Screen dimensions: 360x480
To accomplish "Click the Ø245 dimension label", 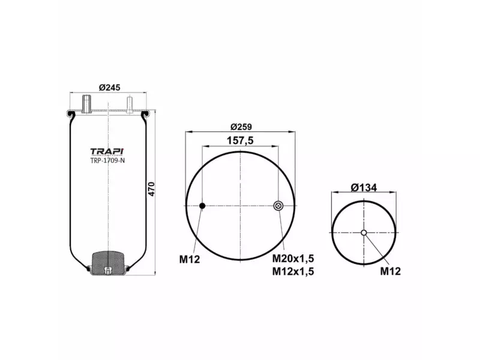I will [x=109, y=87].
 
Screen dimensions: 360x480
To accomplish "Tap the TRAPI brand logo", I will [x=108, y=151].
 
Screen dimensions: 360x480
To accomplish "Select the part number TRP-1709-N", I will [x=108, y=160].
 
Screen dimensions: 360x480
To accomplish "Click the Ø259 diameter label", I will [x=240, y=127].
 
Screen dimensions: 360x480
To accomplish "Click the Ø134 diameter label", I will [x=364, y=187].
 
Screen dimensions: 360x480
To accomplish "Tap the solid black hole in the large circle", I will [x=202, y=206].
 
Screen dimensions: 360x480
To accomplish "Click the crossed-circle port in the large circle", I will [x=278, y=206].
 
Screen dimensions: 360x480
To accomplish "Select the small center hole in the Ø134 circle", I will [x=364, y=233].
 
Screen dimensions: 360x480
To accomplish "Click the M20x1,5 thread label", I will [x=293, y=259].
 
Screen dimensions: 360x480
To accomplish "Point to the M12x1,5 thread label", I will [x=293, y=271].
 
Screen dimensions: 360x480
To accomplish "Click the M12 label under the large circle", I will [x=189, y=259].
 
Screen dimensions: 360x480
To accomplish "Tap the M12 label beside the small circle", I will [x=391, y=271].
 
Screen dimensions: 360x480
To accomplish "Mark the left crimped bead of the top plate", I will [x=71, y=113].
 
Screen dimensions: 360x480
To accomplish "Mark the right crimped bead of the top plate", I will [x=145, y=113].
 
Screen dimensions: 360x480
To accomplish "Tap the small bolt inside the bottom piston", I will [x=108, y=270].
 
